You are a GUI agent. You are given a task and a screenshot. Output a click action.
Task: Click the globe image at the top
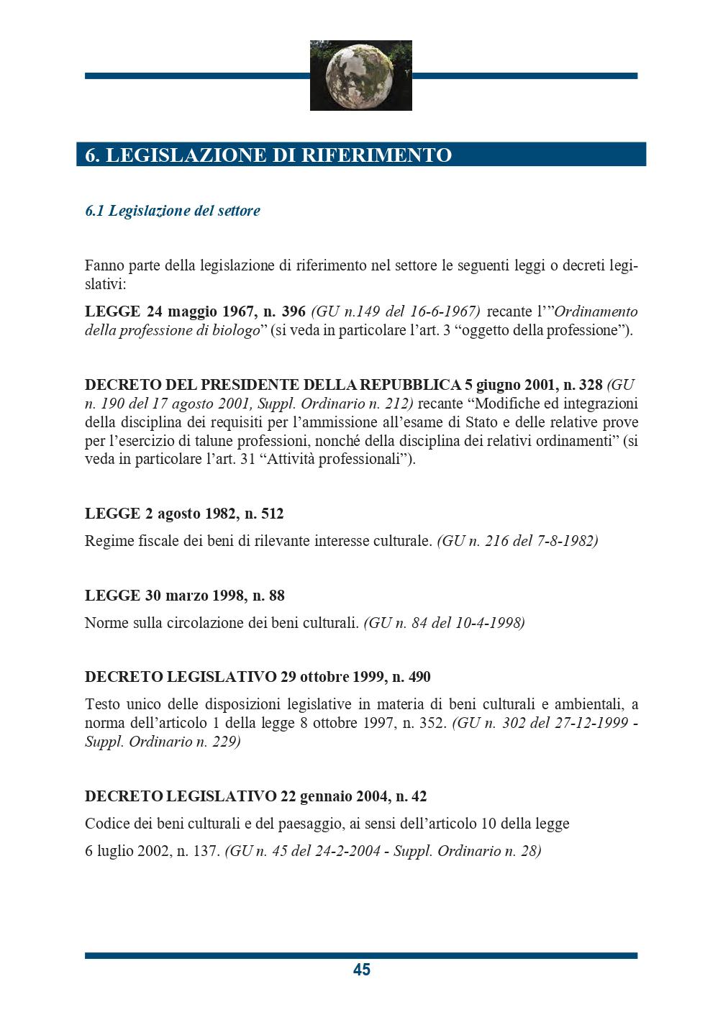tap(360, 76)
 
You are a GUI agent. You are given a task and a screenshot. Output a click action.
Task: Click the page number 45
tap(361, 970)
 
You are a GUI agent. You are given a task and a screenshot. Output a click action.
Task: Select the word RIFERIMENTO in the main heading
tap(380, 155)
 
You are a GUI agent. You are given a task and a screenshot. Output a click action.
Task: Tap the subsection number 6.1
tap(95, 211)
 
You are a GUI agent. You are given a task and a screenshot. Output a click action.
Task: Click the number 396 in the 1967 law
tap(294, 311)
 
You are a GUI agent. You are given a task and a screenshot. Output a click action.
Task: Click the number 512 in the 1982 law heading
tap(270, 514)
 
